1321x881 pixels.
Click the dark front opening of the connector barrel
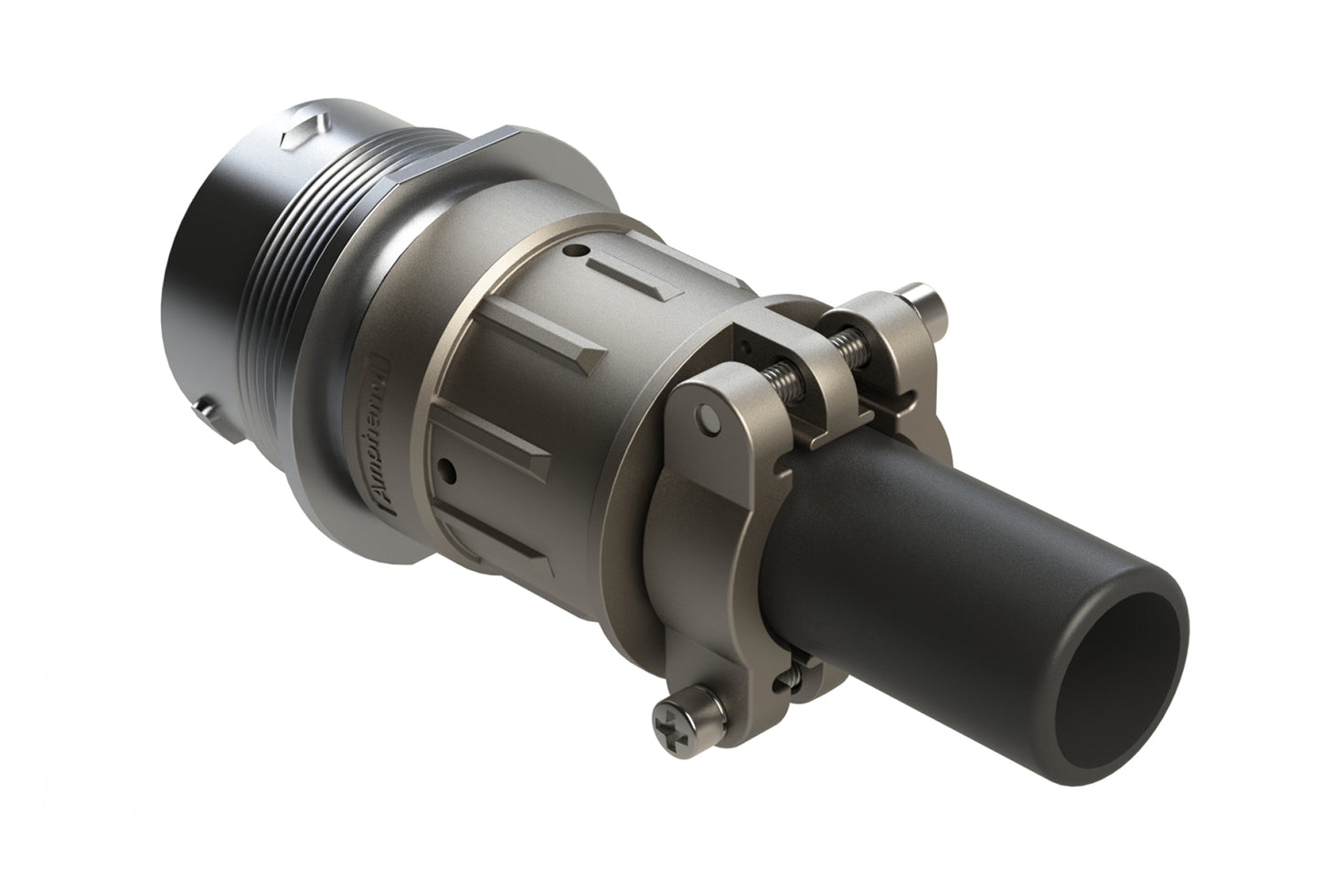click(x=197, y=293)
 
